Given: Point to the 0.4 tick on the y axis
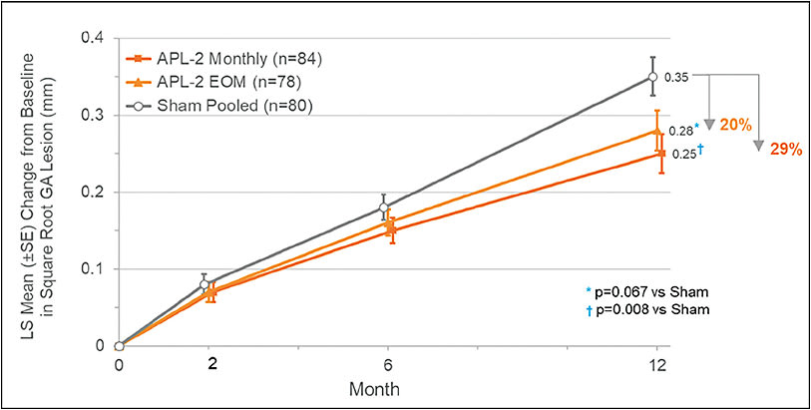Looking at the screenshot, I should (x=99, y=38).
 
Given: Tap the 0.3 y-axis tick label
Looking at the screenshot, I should (x=99, y=115).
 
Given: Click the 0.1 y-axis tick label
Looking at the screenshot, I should (x=99, y=269).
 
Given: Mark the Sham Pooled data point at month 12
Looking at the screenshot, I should (x=653, y=77).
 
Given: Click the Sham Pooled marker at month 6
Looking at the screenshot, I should (x=385, y=207).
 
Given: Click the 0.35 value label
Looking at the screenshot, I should (x=675, y=77).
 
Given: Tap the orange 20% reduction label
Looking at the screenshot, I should (x=736, y=124).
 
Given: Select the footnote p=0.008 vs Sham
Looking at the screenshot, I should (x=650, y=309).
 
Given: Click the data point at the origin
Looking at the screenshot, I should (x=119, y=346).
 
